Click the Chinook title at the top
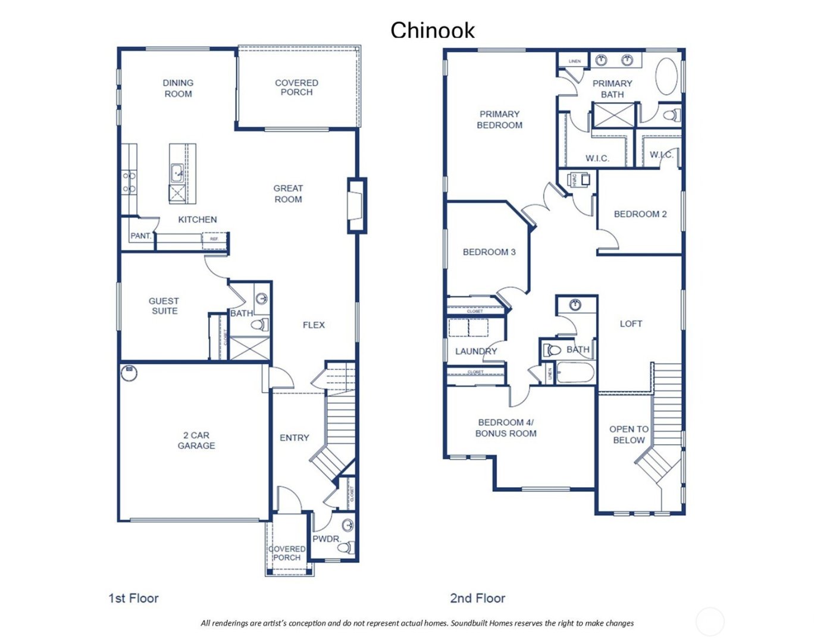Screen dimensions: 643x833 click(x=433, y=30)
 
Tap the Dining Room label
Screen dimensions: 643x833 click(x=178, y=88)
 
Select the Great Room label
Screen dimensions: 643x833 click(x=288, y=193)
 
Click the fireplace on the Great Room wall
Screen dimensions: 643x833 click(x=356, y=205)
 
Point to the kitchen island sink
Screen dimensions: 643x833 click(x=177, y=174)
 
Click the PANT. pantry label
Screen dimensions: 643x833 click(x=141, y=236)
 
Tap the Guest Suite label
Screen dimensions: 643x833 click(x=164, y=306)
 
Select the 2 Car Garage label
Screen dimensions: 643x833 click(x=196, y=440)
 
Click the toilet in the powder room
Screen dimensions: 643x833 click(x=345, y=547)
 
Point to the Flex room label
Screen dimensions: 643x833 click(x=314, y=325)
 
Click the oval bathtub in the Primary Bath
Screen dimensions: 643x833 click(x=666, y=76)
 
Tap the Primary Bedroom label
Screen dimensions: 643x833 click(x=499, y=120)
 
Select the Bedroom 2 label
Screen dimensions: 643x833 click(x=640, y=214)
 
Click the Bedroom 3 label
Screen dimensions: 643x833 click(x=489, y=252)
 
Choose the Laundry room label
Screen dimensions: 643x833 click(x=475, y=351)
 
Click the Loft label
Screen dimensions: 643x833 click(x=631, y=324)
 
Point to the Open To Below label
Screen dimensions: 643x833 click(x=628, y=434)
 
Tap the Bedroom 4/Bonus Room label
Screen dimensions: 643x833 click(x=506, y=428)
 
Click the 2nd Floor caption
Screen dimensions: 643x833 click(x=477, y=598)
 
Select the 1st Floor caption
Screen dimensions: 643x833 click(x=133, y=598)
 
